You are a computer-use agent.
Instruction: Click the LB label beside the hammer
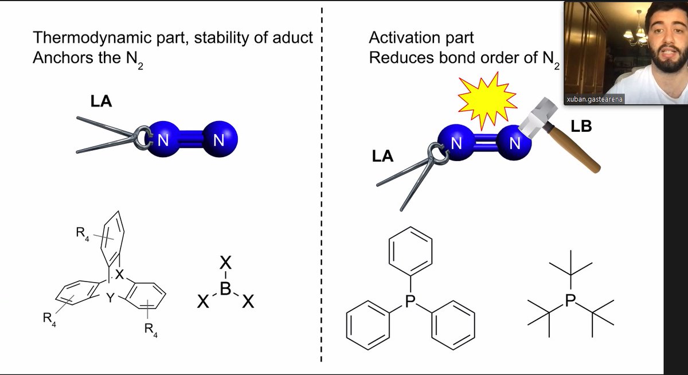pos(581,126)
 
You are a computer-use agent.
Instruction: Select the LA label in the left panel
pos(101,101)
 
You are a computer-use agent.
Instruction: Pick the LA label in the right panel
pos(382,156)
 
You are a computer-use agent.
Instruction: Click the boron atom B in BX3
pos(225,288)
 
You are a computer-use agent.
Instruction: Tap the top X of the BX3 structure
pos(225,263)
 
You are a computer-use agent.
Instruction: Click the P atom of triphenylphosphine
pos(411,301)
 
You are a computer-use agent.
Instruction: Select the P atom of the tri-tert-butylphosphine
pos(570,300)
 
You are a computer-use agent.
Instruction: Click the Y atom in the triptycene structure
pos(110,298)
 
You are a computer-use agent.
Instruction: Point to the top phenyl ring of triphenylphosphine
pos(411,251)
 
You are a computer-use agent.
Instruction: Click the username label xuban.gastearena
pos(595,99)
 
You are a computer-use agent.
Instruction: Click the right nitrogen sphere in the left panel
pos(220,139)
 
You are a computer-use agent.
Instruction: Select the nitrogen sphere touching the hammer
pos(514,143)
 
